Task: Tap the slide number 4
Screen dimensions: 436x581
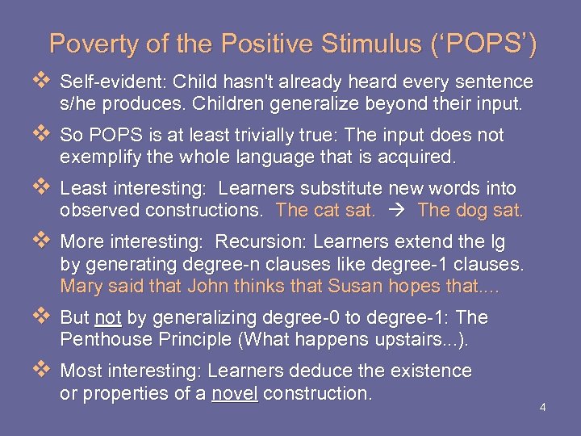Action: pyautogui.click(x=543, y=407)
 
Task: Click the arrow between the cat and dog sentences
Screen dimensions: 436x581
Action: pyautogui.click(x=395, y=212)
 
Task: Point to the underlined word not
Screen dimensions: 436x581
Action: pyautogui.click(x=108, y=318)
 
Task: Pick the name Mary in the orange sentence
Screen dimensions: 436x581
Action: pyautogui.click(x=80, y=286)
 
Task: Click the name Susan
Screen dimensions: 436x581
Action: pyautogui.click(x=348, y=286)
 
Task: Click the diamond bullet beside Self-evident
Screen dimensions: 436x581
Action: pyautogui.click(x=43, y=82)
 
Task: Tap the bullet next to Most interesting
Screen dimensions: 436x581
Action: pyautogui.click(x=43, y=371)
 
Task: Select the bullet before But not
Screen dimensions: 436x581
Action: pyautogui.click(x=43, y=317)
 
